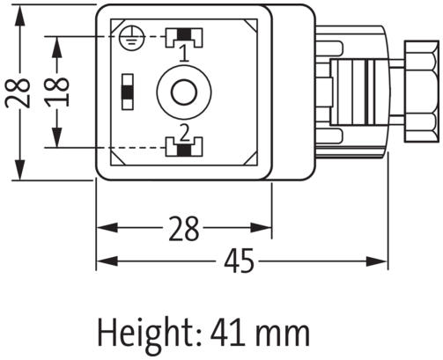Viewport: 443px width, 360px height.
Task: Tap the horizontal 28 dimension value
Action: click(182, 231)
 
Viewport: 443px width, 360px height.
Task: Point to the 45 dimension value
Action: click(240, 261)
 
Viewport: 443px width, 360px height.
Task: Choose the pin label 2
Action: click(183, 132)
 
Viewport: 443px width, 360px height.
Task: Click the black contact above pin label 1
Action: click(183, 36)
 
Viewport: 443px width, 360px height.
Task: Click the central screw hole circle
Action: click(183, 92)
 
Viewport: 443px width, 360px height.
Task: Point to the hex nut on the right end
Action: click(419, 92)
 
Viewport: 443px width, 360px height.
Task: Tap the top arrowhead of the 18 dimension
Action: click(57, 42)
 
